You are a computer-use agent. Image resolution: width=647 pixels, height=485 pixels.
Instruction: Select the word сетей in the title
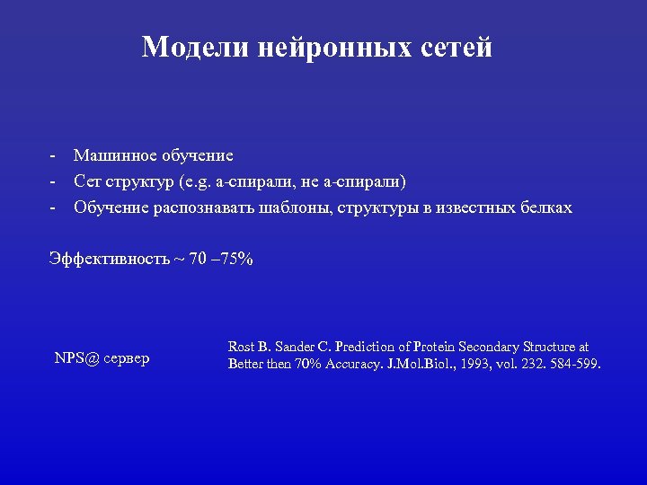456,47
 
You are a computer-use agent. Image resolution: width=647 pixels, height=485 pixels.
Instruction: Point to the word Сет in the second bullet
88,182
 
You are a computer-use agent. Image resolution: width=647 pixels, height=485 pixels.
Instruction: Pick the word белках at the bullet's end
546,208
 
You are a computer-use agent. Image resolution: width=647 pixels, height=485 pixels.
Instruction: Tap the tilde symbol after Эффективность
179,260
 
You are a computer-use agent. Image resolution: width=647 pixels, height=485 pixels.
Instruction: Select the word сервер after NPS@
127,358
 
